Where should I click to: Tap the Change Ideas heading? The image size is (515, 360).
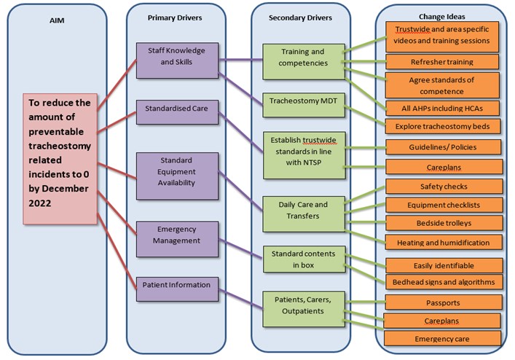coord(442,15)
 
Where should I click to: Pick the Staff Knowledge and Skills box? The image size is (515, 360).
coord(176,56)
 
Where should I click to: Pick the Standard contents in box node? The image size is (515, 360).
coord(304,259)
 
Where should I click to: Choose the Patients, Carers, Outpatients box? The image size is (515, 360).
coord(304,306)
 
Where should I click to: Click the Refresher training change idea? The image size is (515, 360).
coord(442,62)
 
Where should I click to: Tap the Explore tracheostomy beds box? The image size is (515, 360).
coord(442,125)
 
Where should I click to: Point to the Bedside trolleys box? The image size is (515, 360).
coord(442,223)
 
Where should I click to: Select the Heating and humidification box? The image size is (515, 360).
coord(442,242)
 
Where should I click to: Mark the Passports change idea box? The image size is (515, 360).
coord(442,301)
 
